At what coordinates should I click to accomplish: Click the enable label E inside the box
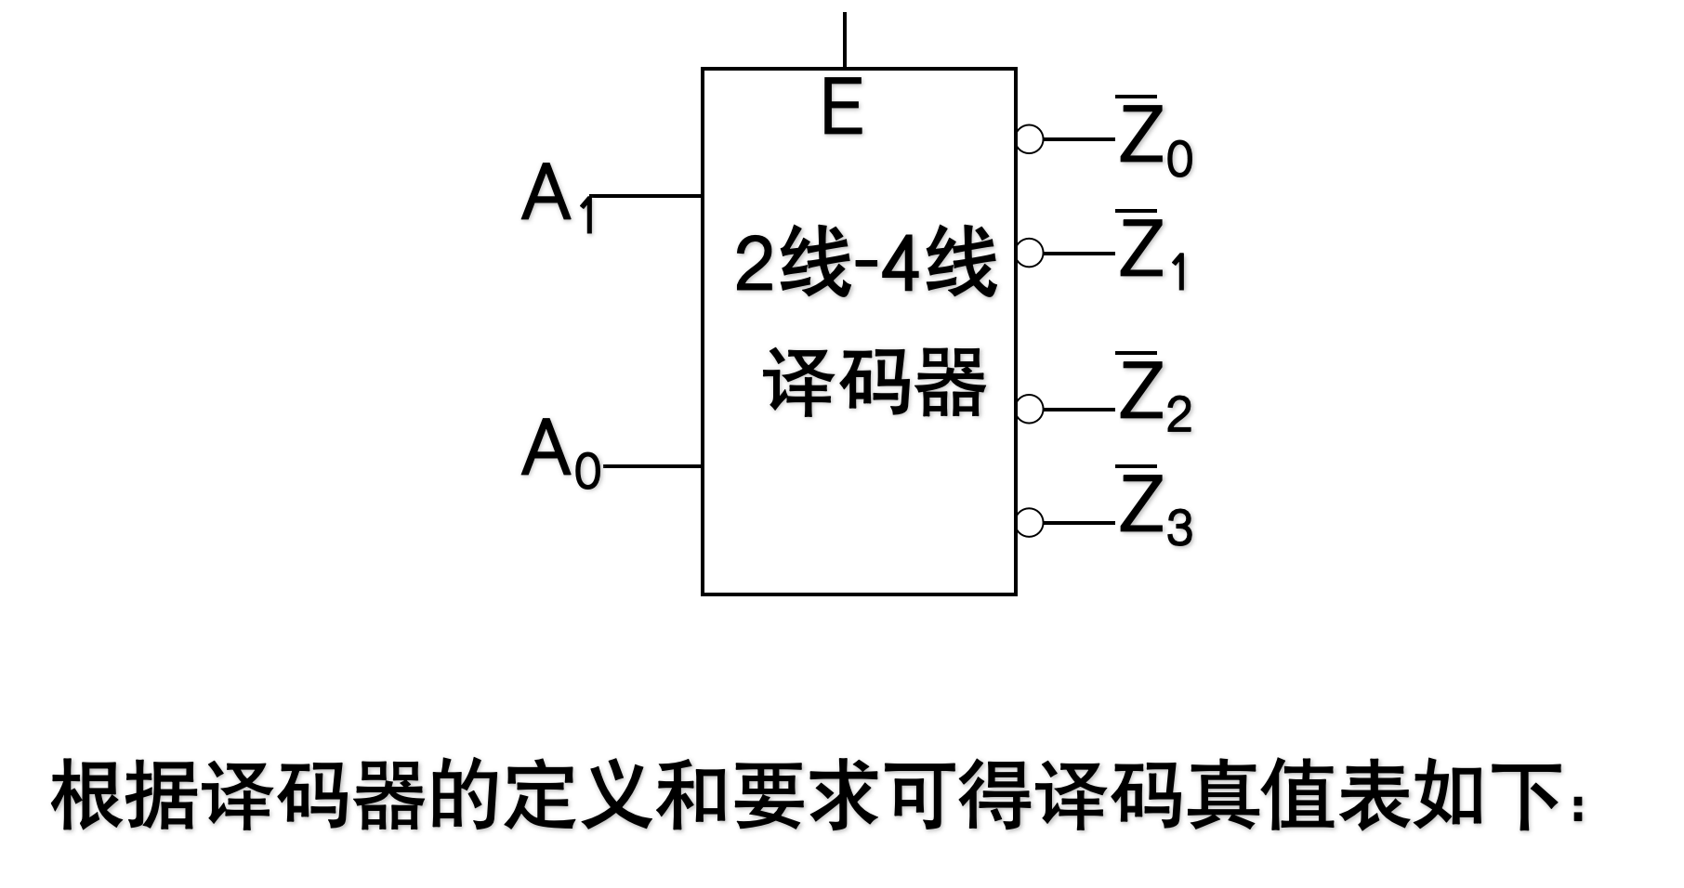[x=842, y=108]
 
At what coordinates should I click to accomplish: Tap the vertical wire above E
[x=844, y=39]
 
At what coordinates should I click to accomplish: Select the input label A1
[x=556, y=197]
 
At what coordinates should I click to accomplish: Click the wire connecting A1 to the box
[x=646, y=196]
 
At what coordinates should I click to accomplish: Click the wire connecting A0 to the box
[x=651, y=465]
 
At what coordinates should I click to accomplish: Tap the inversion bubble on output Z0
[x=1029, y=139]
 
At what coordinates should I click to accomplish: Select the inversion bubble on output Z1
[x=1029, y=253]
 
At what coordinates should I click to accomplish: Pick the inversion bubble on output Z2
[x=1029, y=409]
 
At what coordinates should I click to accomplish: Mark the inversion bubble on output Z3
[x=1029, y=522]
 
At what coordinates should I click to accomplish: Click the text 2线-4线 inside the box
[x=864, y=264]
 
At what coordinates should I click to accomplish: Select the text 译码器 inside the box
[x=874, y=383]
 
